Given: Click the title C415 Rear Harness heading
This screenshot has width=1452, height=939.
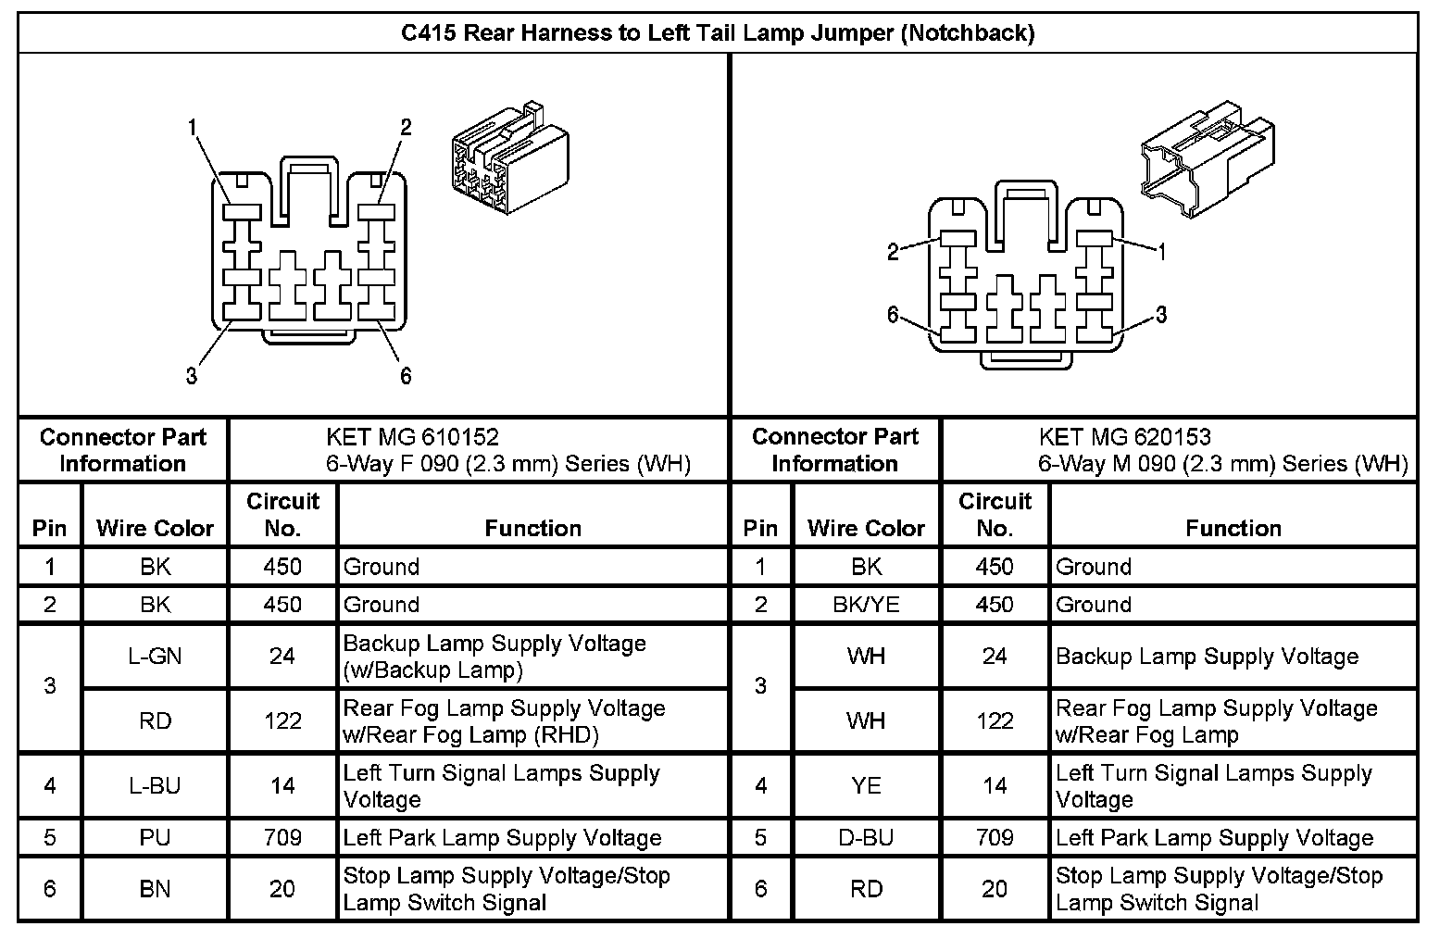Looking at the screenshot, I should (718, 33).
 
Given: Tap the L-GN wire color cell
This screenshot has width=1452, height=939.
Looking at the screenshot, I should (155, 657).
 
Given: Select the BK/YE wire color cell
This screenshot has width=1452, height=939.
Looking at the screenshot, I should (866, 605).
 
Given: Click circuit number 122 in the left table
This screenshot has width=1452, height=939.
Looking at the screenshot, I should (282, 721).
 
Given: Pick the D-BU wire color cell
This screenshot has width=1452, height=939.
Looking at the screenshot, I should (866, 838).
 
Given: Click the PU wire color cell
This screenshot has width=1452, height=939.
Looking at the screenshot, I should (155, 838).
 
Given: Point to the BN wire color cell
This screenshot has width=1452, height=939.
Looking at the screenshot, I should (155, 889).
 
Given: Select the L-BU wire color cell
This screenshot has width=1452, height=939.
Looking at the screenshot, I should (155, 786).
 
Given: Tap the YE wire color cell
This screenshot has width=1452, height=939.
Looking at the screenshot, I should (866, 786).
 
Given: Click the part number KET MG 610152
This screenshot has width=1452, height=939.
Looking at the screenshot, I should (412, 437).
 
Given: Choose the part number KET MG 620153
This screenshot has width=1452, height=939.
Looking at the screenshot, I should (1124, 437).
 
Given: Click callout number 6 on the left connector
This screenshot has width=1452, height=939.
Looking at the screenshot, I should (406, 375).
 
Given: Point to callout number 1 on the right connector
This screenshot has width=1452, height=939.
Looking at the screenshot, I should (1161, 251).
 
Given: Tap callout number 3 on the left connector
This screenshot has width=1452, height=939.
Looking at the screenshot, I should (192, 375).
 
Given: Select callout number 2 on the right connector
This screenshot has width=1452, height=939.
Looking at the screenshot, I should (893, 252).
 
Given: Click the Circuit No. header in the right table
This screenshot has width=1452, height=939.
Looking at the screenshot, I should (995, 514).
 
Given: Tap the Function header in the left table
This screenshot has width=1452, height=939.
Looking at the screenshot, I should (533, 528).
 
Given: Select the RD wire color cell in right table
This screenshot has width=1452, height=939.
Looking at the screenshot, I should (866, 889).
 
